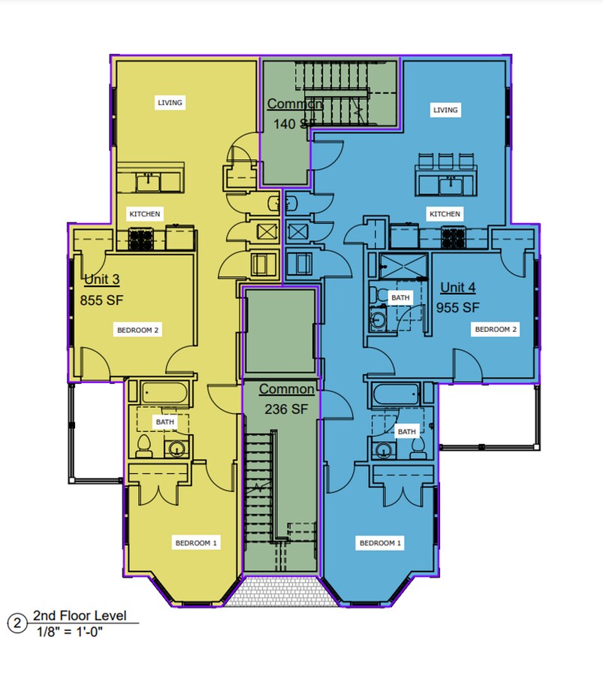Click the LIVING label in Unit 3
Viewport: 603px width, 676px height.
(x=170, y=102)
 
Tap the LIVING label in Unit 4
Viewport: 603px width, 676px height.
(x=445, y=110)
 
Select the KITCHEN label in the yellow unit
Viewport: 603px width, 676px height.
(x=144, y=214)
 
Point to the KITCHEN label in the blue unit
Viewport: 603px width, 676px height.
(x=445, y=214)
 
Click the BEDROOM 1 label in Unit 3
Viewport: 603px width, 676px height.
(x=196, y=543)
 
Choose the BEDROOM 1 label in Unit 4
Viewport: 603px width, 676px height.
(x=381, y=543)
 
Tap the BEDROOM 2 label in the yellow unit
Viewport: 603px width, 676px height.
(x=137, y=330)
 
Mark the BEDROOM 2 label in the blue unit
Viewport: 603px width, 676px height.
(x=494, y=329)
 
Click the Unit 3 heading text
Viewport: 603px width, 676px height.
(x=101, y=280)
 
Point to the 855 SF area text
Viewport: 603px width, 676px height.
(x=101, y=300)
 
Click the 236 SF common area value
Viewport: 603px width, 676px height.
(x=286, y=409)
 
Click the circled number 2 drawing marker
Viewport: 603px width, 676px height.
(x=16, y=623)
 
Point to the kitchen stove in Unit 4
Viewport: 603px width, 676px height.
(x=454, y=238)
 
